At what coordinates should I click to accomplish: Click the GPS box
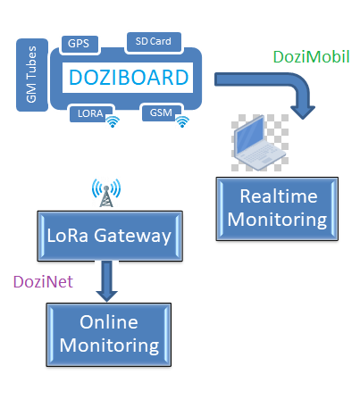coord(79,44)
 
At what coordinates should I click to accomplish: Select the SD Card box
coord(154,42)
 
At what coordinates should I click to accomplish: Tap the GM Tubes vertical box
coord(32,75)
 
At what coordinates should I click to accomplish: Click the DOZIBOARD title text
coord(129,78)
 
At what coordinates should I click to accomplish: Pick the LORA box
coord(91,113)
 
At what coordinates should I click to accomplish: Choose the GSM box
coord(162,112)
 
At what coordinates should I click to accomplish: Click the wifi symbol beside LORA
coord(113,121)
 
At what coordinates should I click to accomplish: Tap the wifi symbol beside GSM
coord(182,121)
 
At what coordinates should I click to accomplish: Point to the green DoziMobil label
coord(311,56)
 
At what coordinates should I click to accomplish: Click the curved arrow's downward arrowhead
coord(303,112)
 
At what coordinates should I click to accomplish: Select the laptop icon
coord(260,143)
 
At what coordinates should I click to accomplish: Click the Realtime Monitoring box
coord(277,209)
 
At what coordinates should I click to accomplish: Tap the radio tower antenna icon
coord(106,193)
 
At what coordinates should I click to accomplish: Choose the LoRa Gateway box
coord(110,236)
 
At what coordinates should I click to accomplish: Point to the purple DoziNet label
coord(43,281)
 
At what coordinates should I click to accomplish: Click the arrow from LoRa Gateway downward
coord(107,281)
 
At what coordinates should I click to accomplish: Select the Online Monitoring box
coord(109,335)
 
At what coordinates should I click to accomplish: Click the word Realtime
coord(279,196)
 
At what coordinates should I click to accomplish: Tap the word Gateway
coord(132,236)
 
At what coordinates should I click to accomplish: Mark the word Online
coord(109,322)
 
